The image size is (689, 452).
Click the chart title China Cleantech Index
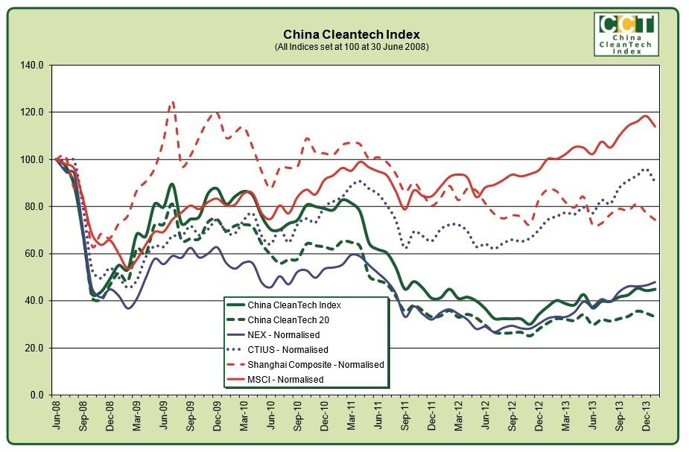[x=352, y=34]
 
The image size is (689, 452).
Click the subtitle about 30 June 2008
[x=352, y=46]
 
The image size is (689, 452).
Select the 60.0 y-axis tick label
[x=36, y=254]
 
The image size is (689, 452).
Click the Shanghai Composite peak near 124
[x=172, y=101]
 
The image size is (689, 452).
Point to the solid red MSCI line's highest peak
[x=644, y=116]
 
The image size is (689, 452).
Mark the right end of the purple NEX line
[x=655, y=282]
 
